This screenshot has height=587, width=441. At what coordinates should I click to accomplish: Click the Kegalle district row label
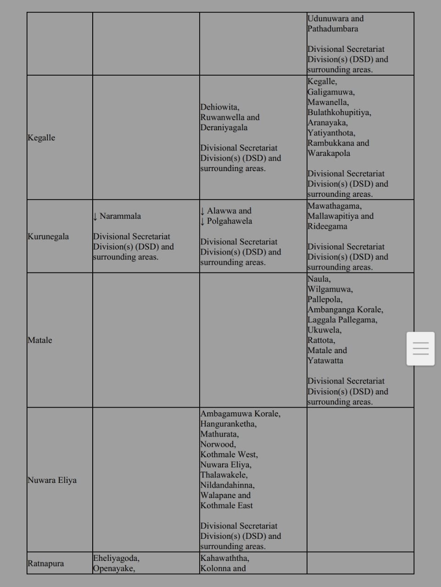click(41, 138)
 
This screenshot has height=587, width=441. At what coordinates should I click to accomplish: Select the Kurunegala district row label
click(48, 237)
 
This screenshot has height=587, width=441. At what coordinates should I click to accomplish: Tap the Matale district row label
click(40, 340)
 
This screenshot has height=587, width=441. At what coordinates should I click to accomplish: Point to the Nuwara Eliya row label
click(52, 480)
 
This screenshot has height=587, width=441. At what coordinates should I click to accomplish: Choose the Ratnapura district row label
click(45, 564)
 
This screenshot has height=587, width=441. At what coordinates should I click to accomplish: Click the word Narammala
click(120, 216)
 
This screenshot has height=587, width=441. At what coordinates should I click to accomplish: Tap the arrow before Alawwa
click(202, 211)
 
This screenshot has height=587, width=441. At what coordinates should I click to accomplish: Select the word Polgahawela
click(229, 221)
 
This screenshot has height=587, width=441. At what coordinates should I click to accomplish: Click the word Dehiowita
click(219, 107)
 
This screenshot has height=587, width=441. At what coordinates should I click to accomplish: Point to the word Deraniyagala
click(223, 127)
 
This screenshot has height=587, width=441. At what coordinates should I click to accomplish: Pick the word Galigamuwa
click(330, 92)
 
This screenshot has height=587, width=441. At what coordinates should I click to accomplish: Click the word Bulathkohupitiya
click(339, 112)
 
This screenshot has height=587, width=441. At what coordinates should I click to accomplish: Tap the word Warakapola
click(329, 153)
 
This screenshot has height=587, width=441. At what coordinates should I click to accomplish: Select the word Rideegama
click(327, 226)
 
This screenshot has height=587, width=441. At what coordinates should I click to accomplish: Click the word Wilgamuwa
click(329, 289)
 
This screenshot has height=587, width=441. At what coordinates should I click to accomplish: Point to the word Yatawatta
click(325, 360)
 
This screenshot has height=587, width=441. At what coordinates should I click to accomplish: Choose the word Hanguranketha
click(228, 424)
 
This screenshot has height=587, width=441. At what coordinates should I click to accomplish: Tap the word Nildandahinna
click(227, 485)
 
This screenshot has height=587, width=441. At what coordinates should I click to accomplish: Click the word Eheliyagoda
click(116, 558)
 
